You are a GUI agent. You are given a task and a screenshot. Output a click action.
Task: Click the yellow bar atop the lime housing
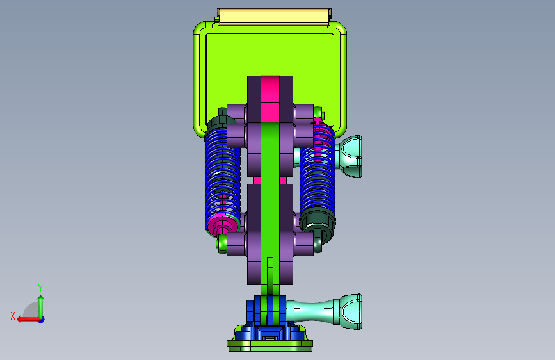click(x=275, y=17)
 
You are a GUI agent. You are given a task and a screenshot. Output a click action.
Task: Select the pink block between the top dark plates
click(x=270, y=99)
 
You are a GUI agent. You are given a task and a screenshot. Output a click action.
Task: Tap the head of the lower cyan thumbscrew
click(x=350, y=312)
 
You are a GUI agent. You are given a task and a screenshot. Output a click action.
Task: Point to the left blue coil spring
click(x=222, y=177)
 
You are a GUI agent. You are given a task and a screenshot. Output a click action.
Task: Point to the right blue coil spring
click(x=318, y=170)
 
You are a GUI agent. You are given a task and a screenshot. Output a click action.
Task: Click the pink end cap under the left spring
click(x=221, y=225)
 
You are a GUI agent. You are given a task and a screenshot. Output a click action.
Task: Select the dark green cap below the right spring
click(x=318, y=223)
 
